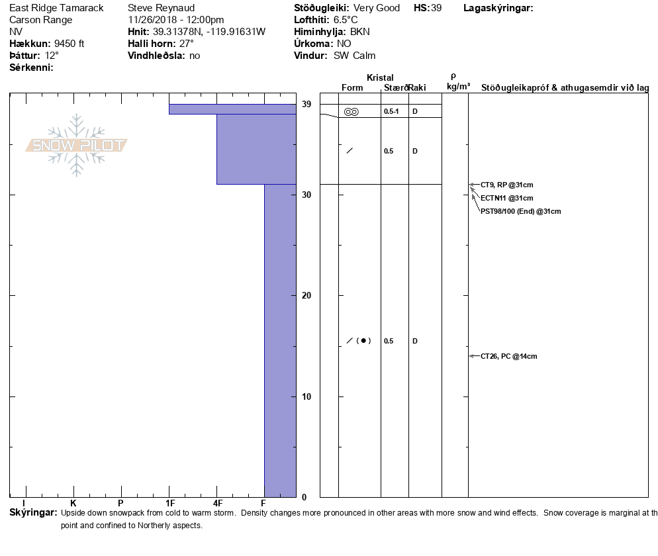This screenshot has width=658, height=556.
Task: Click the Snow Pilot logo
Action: coord(77,145)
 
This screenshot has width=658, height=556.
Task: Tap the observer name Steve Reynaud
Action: coord(162,8)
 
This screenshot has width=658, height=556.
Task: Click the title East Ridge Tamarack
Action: coord(56,8)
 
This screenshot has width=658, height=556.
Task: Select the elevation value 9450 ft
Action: coord(69,44)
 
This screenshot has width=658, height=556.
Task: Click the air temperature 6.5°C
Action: coord(345,20)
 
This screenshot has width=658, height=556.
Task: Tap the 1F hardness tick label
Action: coord(169,504)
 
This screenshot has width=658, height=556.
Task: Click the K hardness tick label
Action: coord(73,504)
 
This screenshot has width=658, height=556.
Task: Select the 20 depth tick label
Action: coord(306,295)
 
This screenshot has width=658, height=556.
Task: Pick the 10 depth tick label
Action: coord(306,396)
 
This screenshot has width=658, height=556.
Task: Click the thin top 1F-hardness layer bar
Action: coord(232,109)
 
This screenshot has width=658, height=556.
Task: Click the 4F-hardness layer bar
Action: coord(256,149)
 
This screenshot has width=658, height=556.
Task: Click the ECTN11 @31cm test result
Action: coord(506,198)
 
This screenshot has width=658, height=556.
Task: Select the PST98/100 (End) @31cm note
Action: coord(520,211)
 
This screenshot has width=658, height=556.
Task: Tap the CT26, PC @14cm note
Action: coord(508,356)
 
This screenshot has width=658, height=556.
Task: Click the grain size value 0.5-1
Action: coord(391,111)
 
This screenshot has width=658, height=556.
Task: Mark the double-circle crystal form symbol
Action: coord(352,111)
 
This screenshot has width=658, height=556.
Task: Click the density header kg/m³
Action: coord(458,87)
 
